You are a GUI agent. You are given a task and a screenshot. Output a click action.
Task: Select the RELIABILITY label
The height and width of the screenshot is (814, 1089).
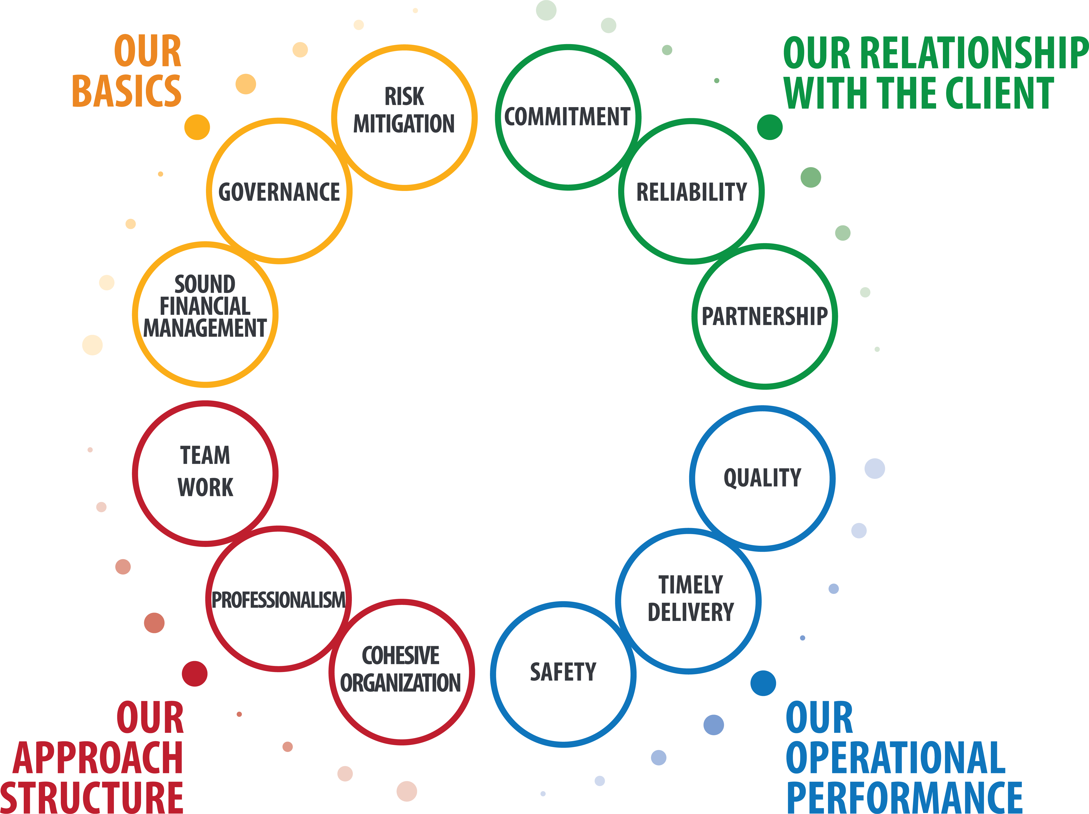[x=692, y=192]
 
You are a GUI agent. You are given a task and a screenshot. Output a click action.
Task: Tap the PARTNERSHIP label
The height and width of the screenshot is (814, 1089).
[x=765, y=316]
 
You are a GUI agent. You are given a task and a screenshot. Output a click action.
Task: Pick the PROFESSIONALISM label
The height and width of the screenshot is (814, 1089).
[x=279, y=600]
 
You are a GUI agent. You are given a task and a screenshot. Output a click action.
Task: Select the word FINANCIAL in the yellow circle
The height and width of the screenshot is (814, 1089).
[x=205, y=306]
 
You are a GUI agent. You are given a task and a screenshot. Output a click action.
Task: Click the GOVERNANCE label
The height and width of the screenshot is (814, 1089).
[x=279, y=192]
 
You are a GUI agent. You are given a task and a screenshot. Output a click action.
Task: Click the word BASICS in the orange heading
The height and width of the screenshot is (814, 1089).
[x=127, y=91]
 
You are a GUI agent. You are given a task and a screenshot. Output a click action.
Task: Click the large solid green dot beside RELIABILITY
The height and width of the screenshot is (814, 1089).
[x=769, y=127]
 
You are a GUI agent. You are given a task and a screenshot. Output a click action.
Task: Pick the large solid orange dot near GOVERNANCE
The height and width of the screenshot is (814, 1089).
[x=197, y=127]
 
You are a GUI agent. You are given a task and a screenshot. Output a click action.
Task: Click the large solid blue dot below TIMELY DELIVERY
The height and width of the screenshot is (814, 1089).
[x=763, y=683]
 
